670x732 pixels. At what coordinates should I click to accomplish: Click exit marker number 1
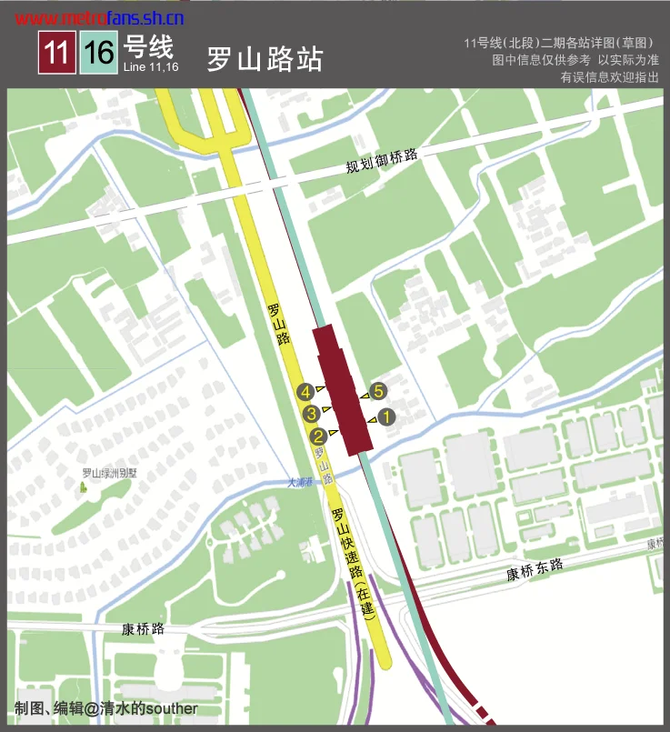tap(385, 418)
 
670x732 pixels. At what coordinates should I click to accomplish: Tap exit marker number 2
tap(319, 434)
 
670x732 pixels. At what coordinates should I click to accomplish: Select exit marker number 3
tap(311, 414)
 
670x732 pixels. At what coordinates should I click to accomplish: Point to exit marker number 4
tap(306, 392)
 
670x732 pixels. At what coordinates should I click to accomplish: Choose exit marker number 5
tap(379, 392)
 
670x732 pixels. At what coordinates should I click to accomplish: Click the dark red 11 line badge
tap(56, 52)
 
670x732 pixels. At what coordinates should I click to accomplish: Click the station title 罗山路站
tap(264, 59)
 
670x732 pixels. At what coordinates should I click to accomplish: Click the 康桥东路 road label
tap(535, 570)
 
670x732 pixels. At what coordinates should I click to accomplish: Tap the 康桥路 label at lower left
tap(143, 629)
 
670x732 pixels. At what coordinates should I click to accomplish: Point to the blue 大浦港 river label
tap(299, 483)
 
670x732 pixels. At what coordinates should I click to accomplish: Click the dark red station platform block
tap(343, 386)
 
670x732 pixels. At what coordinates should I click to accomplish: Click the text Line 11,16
tap(150, 67)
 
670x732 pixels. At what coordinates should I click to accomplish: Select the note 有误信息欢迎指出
tap(609, 77)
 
